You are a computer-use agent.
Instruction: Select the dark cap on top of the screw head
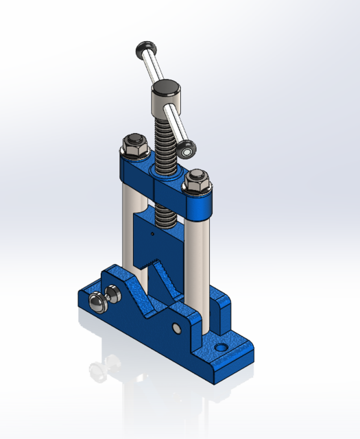(x=165, y=87)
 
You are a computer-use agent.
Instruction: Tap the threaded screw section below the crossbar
(x=164, y=215)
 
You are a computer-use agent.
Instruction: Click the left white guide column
(x=130, y=226)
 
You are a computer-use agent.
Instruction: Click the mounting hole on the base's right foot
(x=221, y=348)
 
